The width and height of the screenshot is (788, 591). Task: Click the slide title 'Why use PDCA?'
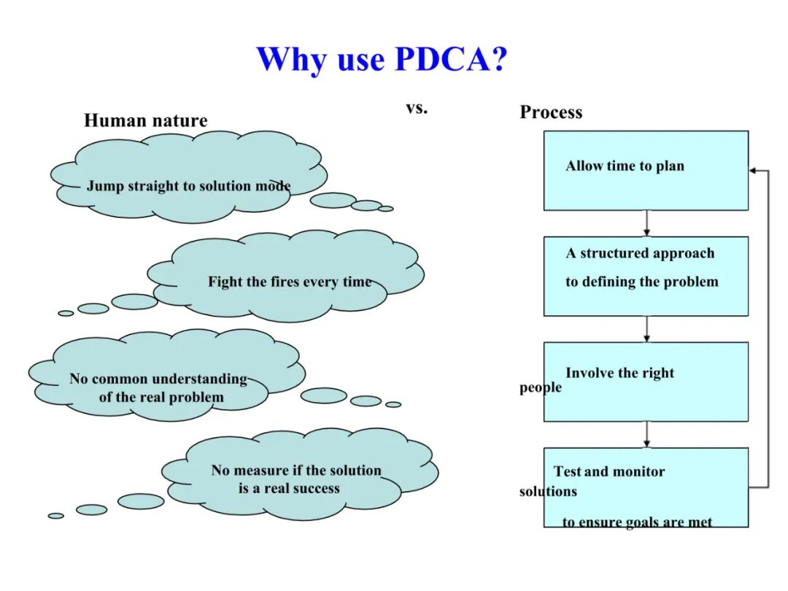coord(381,59)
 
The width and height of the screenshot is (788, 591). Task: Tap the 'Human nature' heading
coord(145,120)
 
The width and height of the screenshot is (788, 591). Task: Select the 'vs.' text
coord(417,108)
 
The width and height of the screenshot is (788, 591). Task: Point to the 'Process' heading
coord(551,112)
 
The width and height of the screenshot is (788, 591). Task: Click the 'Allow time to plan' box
coord(646,171)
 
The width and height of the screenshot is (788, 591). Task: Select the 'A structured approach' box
coord(646,276)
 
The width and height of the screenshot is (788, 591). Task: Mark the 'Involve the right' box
coord(646,382)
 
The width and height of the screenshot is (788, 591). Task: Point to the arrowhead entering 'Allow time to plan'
coord(753,171)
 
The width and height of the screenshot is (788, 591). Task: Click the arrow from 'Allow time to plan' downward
coord(646,223)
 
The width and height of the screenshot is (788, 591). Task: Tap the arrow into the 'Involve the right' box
coord(646,329)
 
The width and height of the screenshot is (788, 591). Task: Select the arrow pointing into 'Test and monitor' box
coord(646,435)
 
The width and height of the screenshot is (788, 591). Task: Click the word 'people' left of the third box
coord(541,387)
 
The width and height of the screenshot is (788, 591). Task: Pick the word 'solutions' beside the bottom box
coord(548,492)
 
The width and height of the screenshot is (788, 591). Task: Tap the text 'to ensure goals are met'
coord(637,522)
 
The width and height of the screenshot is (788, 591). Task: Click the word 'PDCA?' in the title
coord(451,59)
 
